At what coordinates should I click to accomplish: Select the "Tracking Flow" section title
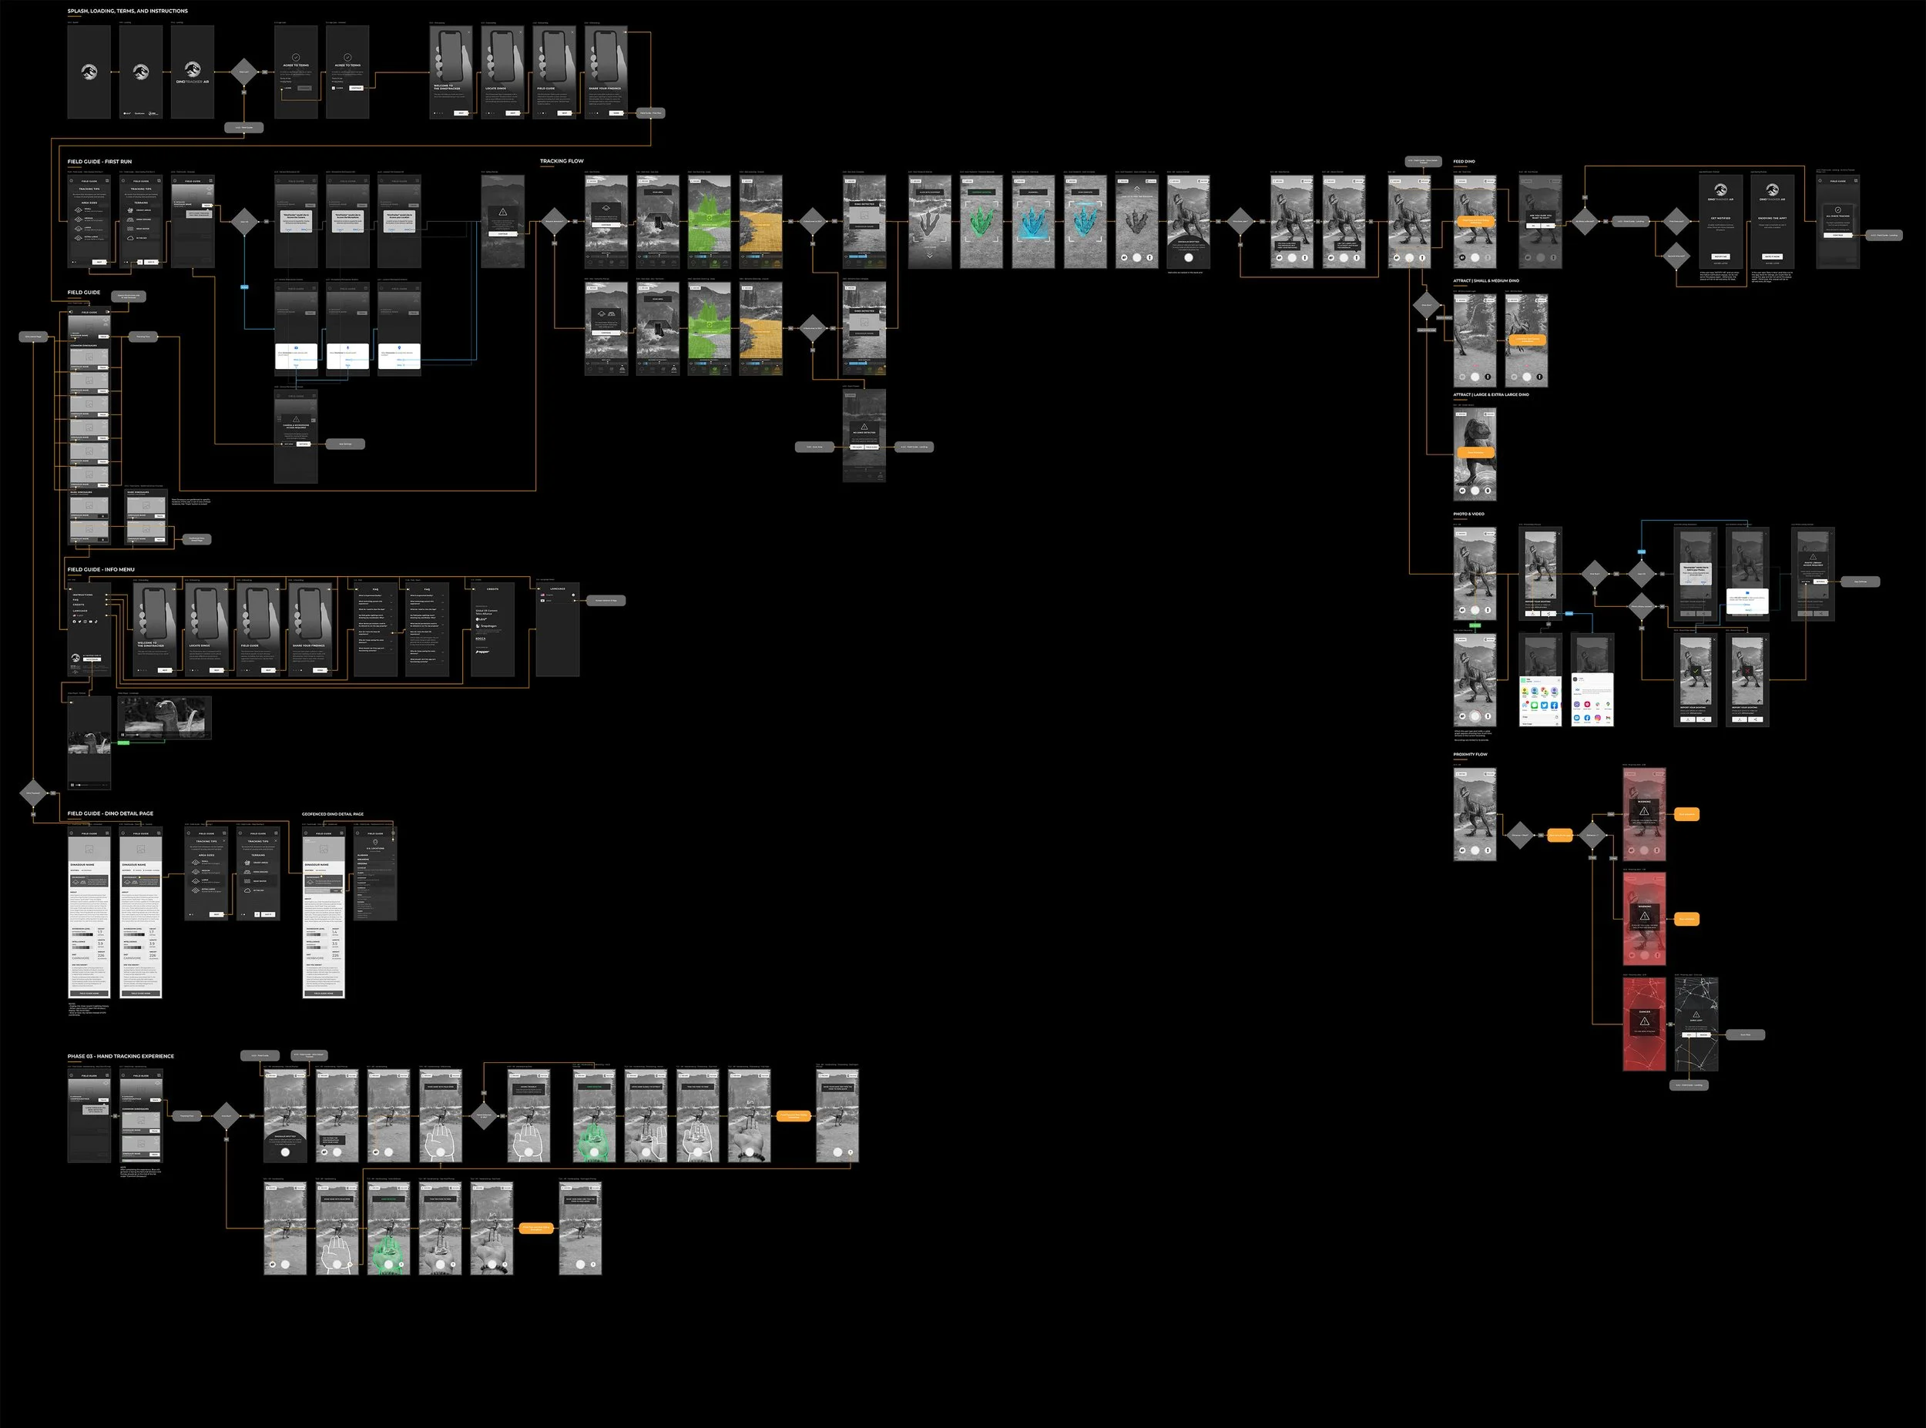point(562,162)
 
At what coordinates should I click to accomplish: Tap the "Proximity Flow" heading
point(1471,755)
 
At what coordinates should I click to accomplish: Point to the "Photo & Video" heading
point(1468,515)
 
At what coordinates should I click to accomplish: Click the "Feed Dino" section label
point(1465,162)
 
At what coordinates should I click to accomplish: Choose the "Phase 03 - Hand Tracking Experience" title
point(121,1056)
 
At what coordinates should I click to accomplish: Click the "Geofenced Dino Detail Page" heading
point(333,814)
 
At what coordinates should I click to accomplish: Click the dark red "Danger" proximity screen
point(1644,1024)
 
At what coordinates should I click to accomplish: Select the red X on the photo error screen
point(1747,670)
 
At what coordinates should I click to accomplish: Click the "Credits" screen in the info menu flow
point(493,629)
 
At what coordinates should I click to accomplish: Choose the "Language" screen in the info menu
point(558,629)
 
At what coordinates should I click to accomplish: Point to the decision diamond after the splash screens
point(243,72)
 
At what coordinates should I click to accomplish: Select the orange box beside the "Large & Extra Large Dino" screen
point(1475,452)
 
